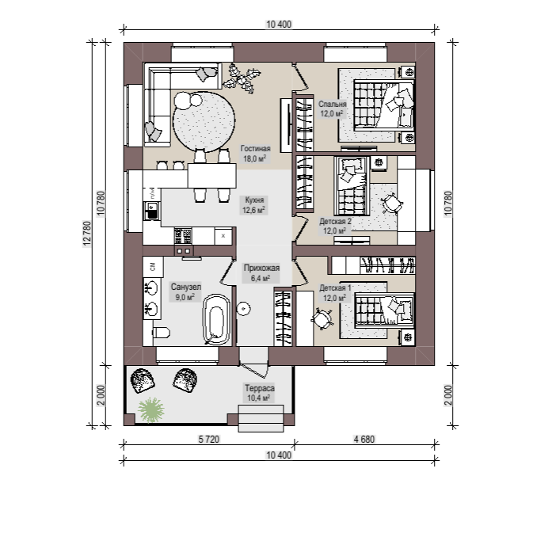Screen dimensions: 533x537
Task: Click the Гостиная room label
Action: click(x=255, y=154)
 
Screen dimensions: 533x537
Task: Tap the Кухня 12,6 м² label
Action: click(x=253, y=205)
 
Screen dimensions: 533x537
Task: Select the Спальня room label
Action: click(x=333, y=109)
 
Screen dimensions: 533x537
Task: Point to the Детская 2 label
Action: click(x=335, y=226)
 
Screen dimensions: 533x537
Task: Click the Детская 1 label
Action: click(x=335, y=293)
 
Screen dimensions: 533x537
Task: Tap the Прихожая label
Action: click(x=261, y=273)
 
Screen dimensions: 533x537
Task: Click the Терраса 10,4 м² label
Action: click(x=259, y=393)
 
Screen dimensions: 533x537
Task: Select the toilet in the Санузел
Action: click(x=161, y=332)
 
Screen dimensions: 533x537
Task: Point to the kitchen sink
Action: click(x=152, y=210)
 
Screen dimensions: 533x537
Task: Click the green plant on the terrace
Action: click(x=150, y=409)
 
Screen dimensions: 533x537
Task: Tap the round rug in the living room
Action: click(x=204, y=122)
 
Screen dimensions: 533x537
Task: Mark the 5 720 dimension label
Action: click(x=209, y=439)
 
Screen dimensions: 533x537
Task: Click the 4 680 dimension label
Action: click(x=364, y=439)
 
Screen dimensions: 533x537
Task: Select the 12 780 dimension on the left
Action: click(x=87, y=234)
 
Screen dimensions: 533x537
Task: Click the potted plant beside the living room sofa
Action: click(x=242, y=78)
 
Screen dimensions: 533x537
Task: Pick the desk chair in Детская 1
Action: click(x=322, y=319)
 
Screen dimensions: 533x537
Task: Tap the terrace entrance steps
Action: click(x=261, y=418)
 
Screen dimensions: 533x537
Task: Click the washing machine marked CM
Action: click(x=153, y=266)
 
